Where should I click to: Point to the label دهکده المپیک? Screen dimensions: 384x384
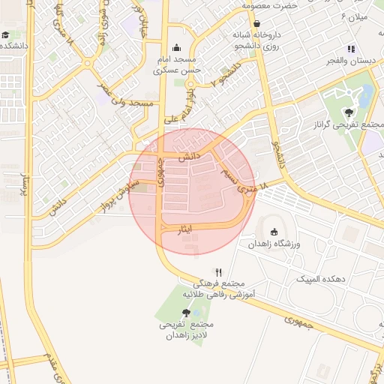point(319,278)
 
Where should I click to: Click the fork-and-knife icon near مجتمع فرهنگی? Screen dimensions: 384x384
point(219,271)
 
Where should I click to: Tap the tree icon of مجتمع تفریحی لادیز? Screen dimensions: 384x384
point(186,312)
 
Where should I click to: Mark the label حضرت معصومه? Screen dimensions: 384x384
point(270,6)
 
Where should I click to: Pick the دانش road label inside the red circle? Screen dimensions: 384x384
point(189,156)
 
